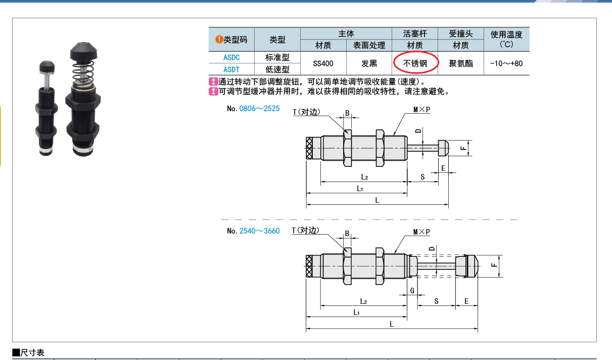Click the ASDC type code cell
pyautogui.click(x=231, y=58)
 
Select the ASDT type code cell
pyautogui.click(x=231, y=69)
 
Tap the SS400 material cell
pyautogui.click(x=323, y=63)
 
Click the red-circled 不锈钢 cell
pyautogui.click(x=415, y=63)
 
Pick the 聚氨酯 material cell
pyautogui.click(x=461, y=63)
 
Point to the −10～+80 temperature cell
pyautogui.click(x=506, y=63)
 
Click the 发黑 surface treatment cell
pyautogui.click(x=369, y=63)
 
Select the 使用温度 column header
pyautogui.click(x=506, y=39)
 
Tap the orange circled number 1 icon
pyautogui.click(x=219, y=39)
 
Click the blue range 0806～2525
pyautogui.click(x=259, y=109)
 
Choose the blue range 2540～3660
pyautogui.click(x=259, y=231)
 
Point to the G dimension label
pyautogui.click(x=412, y=291)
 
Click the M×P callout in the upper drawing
pyautogui.click(x=421, y=110)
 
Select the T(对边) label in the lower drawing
pyautogui.click(x=305, y=231)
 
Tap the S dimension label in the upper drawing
pyautogui.click(x=422, y=177)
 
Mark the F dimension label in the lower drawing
pyautogui.click(x=494, y=265)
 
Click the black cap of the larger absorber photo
pyautogui.click(x=83, y=52)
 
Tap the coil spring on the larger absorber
pyautogui.click(x=83, y=71)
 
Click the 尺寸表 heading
pyautogui.click(x=28, y=352)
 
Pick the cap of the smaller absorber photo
pyautogui.click(x=47, y=67)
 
